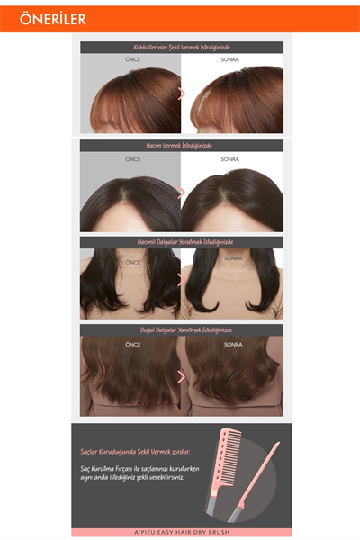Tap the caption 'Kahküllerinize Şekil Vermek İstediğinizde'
(181, 47)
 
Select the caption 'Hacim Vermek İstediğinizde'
(181, 145)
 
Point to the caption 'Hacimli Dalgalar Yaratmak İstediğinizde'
(181, 242)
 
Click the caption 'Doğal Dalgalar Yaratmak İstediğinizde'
(181, 330)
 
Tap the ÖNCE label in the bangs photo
(132, 60)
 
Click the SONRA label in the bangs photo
(231, 60)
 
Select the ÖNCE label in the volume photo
(132, 158)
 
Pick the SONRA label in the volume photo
(231, 158)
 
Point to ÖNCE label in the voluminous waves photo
(133, 262)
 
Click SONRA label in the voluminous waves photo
(233, 258)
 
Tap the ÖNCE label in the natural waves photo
(132, 344)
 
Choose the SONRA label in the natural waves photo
(233, 344)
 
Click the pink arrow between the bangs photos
(183, 93)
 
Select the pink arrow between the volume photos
(183, 192)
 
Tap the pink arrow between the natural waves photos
(183, 377)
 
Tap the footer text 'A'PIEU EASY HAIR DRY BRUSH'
(181, 533)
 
